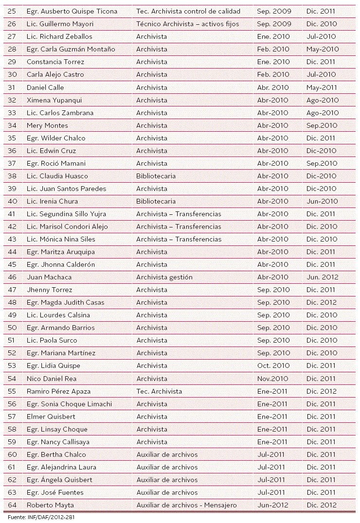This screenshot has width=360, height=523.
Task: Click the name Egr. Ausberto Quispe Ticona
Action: [x=72, y=11]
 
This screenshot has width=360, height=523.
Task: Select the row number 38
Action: [x=12, y=176]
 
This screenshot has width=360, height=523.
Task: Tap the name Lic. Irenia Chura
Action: [x=52, y=201]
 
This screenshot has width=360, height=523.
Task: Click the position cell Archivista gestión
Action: [x=164, y=277]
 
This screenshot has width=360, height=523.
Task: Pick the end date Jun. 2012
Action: [x=323, y=277]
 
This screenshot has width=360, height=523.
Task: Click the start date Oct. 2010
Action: [x=273, y=366]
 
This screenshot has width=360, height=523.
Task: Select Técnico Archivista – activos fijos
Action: [x=188, y=24]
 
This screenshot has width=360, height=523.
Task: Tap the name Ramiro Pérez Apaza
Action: [x=58, y=391]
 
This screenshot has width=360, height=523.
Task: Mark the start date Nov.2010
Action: [x=273, y=379]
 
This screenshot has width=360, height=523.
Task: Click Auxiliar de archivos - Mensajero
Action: [x=186, y=505]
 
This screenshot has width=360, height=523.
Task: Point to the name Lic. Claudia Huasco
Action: [x=57, y=176]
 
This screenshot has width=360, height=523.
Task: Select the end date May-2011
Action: [x=322, y=87]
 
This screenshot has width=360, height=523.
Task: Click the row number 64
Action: [x=12, y=505]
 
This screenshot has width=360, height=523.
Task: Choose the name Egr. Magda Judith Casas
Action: [x=65, y=302]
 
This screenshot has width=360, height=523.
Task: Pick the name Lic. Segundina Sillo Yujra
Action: [x=66, y=214]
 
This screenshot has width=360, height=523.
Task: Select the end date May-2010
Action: [x=322, y=49]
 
